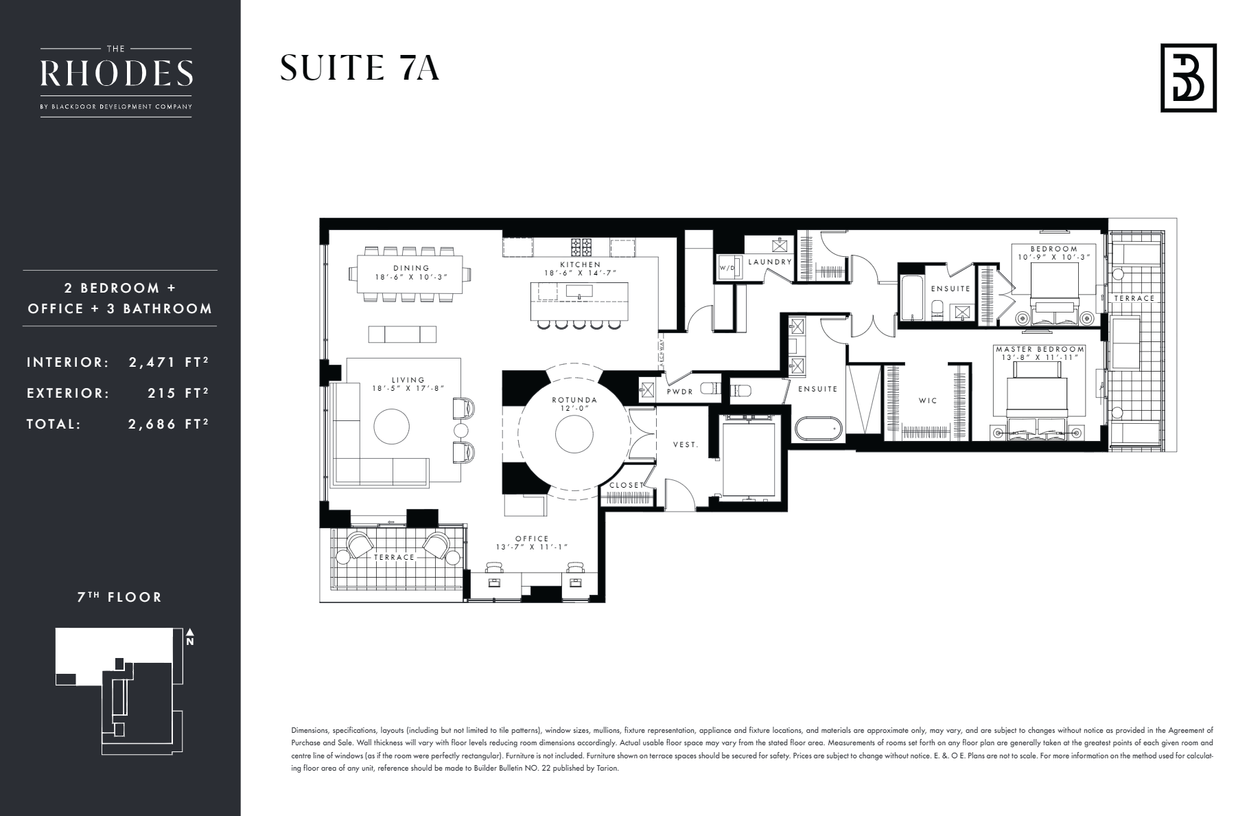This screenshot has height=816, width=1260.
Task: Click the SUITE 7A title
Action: (x=360, y=69)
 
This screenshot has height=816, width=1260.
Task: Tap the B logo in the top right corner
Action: (x=1188, y=78)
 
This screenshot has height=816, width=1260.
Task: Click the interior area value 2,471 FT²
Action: (x=168, y=363)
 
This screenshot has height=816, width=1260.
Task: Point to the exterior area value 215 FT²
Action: (x=178, y=394)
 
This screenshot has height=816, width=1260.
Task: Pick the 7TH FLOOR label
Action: (x=119, y=598)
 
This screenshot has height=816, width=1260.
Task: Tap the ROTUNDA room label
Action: (x=574, y=400)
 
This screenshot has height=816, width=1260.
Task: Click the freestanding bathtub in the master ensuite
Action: (x=818, y=429)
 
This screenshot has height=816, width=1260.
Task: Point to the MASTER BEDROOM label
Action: (x=1040, y=350)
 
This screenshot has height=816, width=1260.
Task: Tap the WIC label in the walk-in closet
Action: (x=928, y=400)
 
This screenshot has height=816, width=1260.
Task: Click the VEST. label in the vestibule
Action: (x=685, y=444)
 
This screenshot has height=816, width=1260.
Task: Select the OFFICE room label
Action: (x=532, y=539)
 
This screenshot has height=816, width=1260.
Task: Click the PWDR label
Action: (x=680, y=392)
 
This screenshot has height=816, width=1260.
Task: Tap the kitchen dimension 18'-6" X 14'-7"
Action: (x=580, y=273)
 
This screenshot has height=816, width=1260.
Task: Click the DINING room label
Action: (x=412, y=268)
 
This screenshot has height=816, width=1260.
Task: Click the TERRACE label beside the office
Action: (x=394, y=557)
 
